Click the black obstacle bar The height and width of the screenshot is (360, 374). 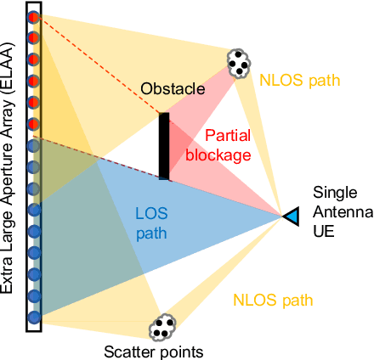click(x=164, y=145)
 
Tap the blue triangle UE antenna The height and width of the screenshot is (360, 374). click(x=291, y=217)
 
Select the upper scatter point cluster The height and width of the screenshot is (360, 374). click(x=240, y=61)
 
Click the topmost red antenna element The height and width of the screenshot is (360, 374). click(x=34, y=17)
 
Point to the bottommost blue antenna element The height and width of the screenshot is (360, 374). click(x=34, y=317)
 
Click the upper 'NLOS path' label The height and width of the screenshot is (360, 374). click(x=300, y=82)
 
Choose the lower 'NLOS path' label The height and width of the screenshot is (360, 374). click(x=275, y=300)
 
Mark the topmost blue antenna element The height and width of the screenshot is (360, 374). click(x=34, y=145)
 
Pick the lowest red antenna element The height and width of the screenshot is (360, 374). click(x=34, y=124)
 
